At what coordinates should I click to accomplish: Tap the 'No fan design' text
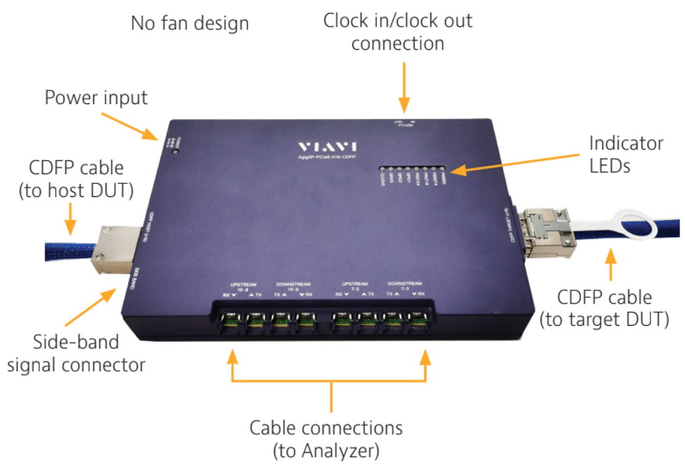(x=189, y=23)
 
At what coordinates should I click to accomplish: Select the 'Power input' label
(x=96, y=97)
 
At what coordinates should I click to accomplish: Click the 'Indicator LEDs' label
(x=626, y=155)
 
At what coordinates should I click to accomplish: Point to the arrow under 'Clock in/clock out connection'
(x=403, y=88)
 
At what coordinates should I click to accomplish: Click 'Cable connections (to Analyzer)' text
(x=328, y=436)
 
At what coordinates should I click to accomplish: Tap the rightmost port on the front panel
(x=418, y=322)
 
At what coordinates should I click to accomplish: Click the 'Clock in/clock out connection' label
(x=398, y=31)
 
